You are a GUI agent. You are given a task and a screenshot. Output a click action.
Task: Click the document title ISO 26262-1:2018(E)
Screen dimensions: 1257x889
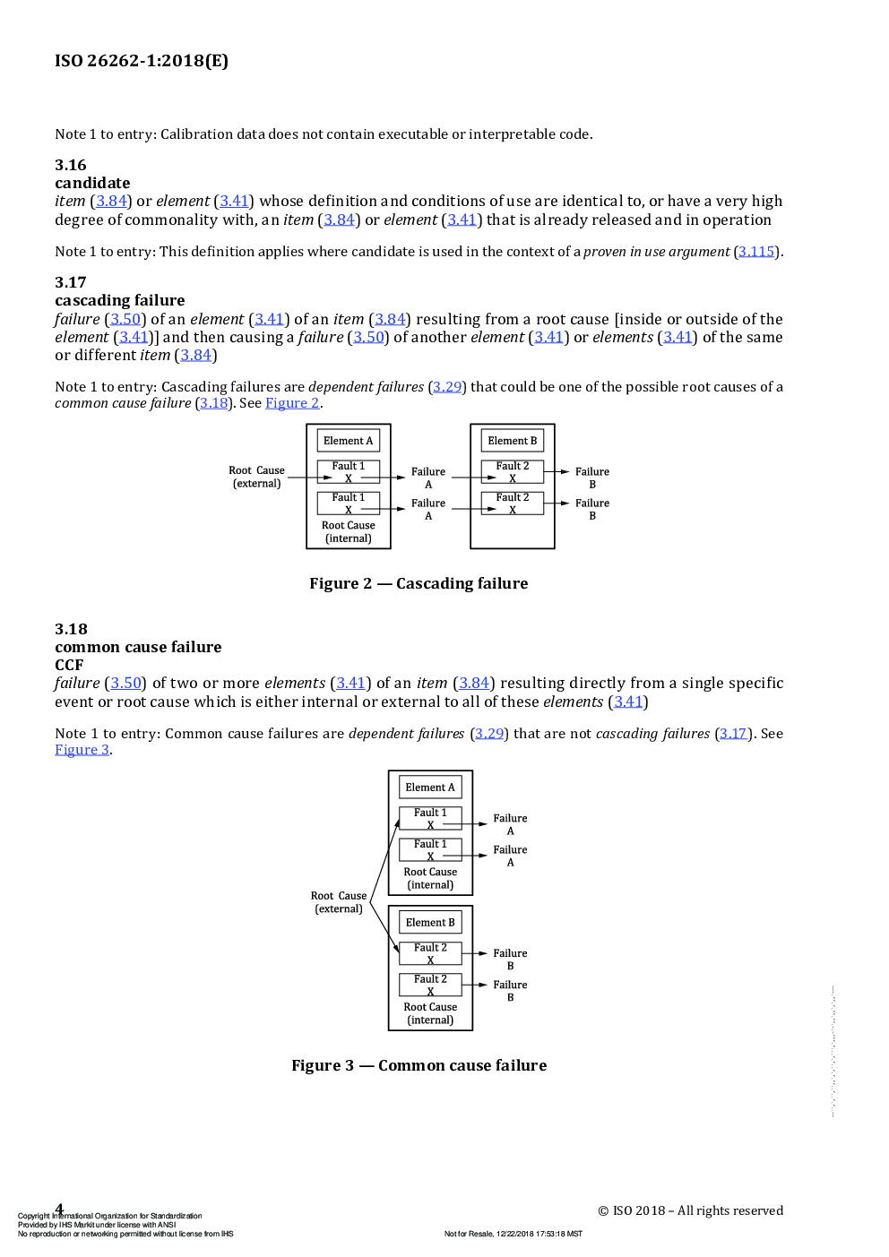coord(142,61)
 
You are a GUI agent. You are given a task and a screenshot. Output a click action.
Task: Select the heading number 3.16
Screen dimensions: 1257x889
coord(71,165)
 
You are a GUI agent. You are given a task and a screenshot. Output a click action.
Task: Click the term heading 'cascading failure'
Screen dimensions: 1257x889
coord(120,300)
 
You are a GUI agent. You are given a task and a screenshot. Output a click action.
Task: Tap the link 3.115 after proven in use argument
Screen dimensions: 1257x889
coord(756,252)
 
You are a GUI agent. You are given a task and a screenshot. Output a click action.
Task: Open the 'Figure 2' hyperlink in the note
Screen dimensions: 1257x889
coord(292,403)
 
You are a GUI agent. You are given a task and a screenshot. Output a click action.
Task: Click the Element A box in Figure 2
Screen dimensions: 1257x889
coord(349,441)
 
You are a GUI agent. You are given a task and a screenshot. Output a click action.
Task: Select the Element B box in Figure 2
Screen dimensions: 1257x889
coord(513,441)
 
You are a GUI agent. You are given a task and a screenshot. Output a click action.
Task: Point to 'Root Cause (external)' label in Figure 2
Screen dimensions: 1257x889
coord(256,477)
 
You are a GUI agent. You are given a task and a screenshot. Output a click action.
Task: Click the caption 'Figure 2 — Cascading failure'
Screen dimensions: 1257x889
coord(419,583)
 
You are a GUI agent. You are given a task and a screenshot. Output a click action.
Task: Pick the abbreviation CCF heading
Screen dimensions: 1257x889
coord(69,665)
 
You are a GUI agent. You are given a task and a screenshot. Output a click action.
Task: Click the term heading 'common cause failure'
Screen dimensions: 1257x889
coord(138,647)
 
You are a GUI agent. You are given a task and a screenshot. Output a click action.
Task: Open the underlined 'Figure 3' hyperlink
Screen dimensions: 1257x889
coord(82,750)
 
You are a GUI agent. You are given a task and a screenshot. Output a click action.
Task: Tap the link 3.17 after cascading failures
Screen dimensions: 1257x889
coord(733,734)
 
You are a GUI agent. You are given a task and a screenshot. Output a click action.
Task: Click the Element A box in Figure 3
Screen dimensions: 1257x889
coord(430,788)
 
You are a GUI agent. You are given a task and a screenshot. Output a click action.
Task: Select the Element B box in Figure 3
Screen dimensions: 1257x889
coord(430,923)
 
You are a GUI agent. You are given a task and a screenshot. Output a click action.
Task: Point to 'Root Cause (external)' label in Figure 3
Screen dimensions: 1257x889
coord(339,902)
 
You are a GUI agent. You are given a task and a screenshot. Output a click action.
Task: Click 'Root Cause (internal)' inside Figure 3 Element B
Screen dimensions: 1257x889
coord(430,1013)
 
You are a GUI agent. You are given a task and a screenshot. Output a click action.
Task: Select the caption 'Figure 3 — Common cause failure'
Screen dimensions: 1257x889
coord(419,1065)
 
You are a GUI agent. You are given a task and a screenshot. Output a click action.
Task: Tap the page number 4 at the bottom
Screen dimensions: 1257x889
coord(60,1209)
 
